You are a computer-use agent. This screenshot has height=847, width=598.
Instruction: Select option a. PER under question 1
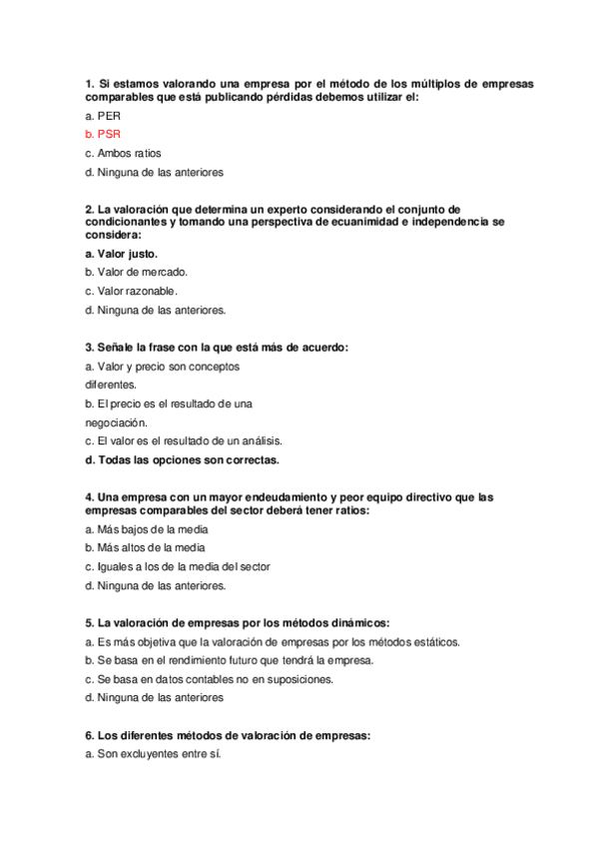click(x=103, y=115)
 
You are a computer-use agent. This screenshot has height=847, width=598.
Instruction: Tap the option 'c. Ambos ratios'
click(x=123, y=153)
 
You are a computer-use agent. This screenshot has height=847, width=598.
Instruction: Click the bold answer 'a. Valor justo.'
click(x=121, y=254)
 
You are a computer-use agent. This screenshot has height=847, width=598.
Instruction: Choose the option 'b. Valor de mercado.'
click(x=136, y=272)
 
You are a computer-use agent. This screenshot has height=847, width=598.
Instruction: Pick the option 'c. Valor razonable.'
click(x=131, y=291)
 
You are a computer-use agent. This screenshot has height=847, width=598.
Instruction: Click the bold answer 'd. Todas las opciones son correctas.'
click(x=182, y=460)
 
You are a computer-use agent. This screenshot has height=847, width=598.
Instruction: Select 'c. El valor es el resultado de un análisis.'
click(x=184, y=440)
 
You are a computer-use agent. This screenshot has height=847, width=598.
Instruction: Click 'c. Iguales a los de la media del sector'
click(x=178, y=566)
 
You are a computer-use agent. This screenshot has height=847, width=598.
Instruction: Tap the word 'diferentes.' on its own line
click(x=110, y=385)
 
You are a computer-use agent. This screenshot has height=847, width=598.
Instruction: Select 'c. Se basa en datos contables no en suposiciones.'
click(x=209, y=679)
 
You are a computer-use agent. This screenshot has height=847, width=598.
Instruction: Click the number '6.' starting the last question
click(x=90, y=736)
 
